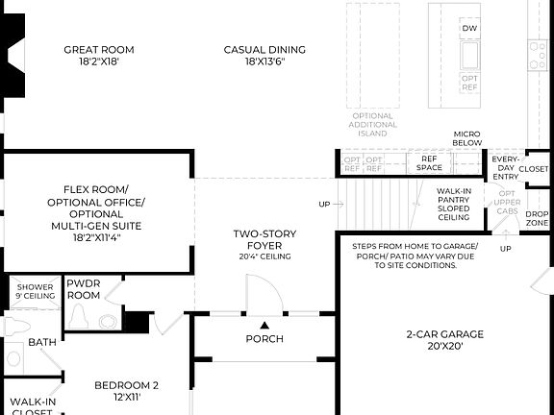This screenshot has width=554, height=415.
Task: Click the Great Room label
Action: click(99, 55)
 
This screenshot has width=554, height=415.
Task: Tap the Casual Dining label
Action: click(264, 55)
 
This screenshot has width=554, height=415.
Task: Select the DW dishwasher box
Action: click(469, 29)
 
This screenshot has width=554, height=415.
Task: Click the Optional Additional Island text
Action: click(372, 125)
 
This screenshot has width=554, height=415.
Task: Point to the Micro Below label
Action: click(467, 138)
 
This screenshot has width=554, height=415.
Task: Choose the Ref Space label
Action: click(429, 163)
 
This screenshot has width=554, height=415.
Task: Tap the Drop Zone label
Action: click(538, 218)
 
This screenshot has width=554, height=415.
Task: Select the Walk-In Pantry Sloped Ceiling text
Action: click(453, 205)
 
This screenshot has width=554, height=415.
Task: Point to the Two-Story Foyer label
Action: click(264, 239)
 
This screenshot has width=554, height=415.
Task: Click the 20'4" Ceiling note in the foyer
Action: click(264, 256)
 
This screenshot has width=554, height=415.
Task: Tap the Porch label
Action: click(264, 338)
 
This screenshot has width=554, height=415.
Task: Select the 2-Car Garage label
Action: click(444, 334)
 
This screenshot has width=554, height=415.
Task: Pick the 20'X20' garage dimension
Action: click(444, 347)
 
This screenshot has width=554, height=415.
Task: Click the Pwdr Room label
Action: click(84, 289)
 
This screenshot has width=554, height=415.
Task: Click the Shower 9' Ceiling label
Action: click(33, 290)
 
